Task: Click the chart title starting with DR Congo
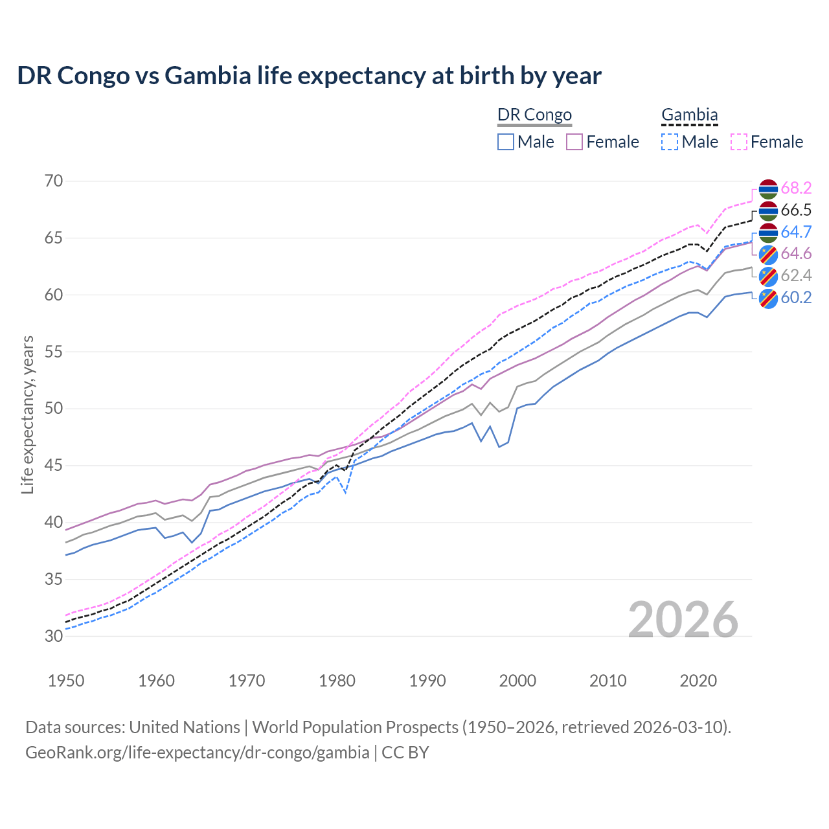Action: click(x=309, y=76)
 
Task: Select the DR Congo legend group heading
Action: click(x=534, y=115)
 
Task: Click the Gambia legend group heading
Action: click(x=689, y=115)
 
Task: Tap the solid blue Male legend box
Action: click(x=506, y=142)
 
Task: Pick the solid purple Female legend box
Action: click(x=574, y=142)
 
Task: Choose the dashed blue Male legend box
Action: click(x=670, y=142)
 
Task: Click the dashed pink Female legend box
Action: click(x=739, y=142)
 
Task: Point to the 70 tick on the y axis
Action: click(x=54, y=181)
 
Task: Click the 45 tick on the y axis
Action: click(x=54, y=465)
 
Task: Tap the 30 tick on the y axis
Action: click(x=54, y=636)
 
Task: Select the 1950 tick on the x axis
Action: click(x=66, y=681)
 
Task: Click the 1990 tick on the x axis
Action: click(x=427, y=681)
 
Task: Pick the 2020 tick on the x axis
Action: click(x=698, y=681)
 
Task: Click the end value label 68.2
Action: click(x=796, y=188)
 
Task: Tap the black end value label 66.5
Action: click(x=796, y=210)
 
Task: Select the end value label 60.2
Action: click(x=796, y=297)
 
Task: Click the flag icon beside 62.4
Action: click(x=768, y=276)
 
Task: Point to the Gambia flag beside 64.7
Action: click(x=768, y=232)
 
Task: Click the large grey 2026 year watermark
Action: click(x=683, y=620)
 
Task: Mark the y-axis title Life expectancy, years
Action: click(x=27, y=414)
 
